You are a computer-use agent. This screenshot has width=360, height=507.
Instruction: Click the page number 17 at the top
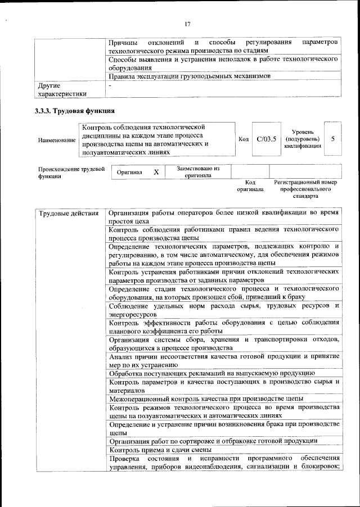point(188,24)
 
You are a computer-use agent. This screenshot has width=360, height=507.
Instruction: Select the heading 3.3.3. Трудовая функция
point(75,111)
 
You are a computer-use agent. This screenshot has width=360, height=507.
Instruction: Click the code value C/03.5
point(265,139)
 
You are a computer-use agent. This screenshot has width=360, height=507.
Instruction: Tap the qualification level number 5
point(333,139)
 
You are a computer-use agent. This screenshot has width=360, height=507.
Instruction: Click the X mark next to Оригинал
point(156,172)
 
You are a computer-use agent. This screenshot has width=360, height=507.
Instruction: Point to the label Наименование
point(56,139)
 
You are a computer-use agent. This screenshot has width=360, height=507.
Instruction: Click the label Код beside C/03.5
point(244,139)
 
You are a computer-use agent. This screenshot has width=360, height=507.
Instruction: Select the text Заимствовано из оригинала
point(197,171)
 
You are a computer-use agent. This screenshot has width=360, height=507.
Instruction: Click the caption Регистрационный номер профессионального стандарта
point(305,189)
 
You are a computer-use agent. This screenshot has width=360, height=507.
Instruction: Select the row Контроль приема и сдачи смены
point(160,450)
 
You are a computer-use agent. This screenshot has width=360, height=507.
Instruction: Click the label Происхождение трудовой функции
point(71,171)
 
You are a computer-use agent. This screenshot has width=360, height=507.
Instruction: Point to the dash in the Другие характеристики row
point(110,85)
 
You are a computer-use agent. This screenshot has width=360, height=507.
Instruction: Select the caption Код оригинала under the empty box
point(250,186)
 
